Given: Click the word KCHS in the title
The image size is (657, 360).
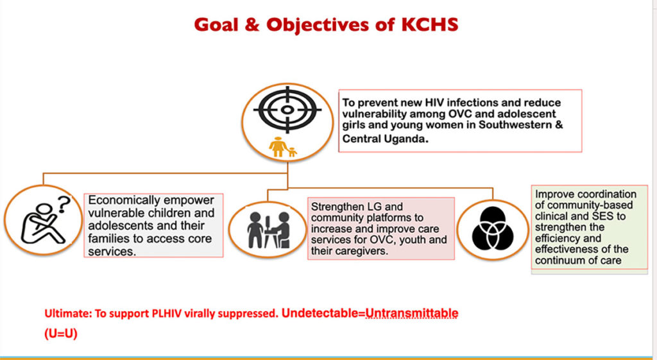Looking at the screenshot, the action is (x=430, y=25).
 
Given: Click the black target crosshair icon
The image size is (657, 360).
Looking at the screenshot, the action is (x=287, y=110).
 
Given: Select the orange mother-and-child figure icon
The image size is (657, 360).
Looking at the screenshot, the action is (x=283, y=147).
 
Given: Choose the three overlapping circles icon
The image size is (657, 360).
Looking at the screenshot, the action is (x=492, y=229).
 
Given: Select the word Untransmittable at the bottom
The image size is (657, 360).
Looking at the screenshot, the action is (x=413, y=313).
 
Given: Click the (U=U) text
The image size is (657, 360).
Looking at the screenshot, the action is (x=61, y=334).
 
